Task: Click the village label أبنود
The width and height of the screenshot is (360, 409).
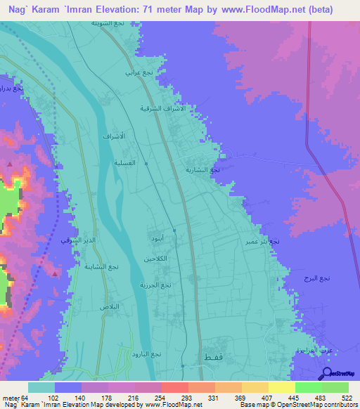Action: (157, 240)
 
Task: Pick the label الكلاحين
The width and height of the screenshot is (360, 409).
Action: (155, 259)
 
